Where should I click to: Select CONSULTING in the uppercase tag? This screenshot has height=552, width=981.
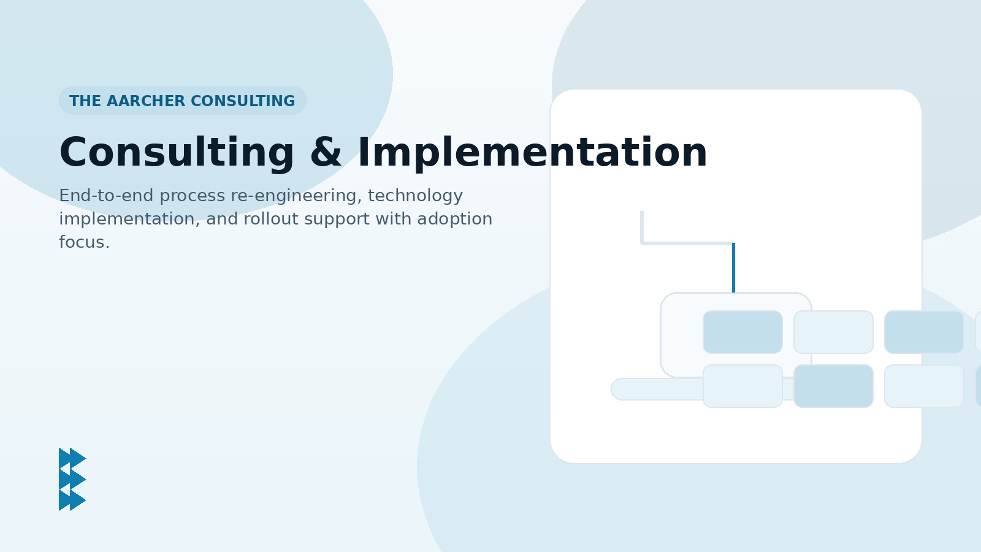(243, 101)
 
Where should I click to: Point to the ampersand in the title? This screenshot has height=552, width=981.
(326, 153)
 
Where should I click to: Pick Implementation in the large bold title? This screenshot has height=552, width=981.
(533, 153)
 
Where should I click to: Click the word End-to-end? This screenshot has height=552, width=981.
(107, 196)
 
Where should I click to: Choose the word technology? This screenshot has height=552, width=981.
(415, 196)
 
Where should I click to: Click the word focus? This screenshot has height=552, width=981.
(84, 242)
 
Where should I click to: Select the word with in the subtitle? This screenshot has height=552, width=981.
(393, 218)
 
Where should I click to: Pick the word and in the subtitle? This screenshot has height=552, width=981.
(222, 218)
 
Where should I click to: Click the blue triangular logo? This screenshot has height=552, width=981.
(72, 479)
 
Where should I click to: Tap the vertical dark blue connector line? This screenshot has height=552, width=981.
(733, 267)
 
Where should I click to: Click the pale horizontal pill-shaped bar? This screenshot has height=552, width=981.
(657, 389)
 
